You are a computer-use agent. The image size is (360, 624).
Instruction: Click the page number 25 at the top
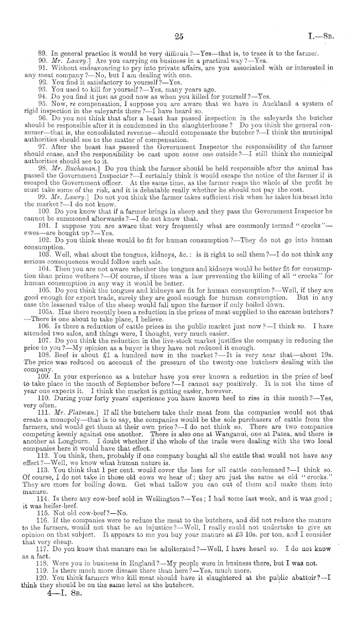click(179, 36)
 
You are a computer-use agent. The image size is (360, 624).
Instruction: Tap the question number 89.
click(43, 53)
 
